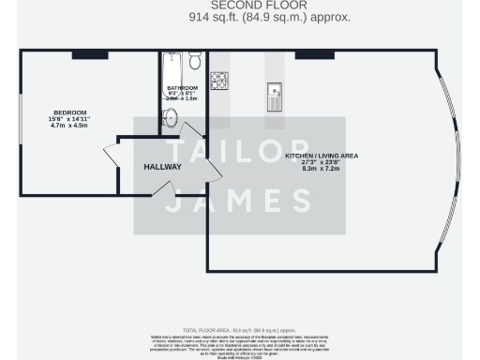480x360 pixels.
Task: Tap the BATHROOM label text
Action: pyautogui.click(x=182, y=88)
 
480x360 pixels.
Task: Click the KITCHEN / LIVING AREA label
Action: pyautogui.click(x=321, y=156)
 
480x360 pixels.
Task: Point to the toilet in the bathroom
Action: pyautogui.click(x=194, y=62)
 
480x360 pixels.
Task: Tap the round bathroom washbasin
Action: pyautogui.click(x=171, y=118)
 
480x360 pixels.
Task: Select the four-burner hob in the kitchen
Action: pyautogui.click(x=219, y=82)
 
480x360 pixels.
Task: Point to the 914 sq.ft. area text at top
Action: pyautogui.click(x=241, y=17)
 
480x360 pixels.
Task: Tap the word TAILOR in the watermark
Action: pyautogui.click(x=239, y=152)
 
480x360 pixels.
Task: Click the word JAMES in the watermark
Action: pyautogui.click(x=239, y=200)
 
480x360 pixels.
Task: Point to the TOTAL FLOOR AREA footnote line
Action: pyautogui.click(x=239, y=331)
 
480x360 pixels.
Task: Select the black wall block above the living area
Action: pyautogui.click(x=308, y=54)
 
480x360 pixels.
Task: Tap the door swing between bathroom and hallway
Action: pyautogui.click(x=191, y=133)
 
